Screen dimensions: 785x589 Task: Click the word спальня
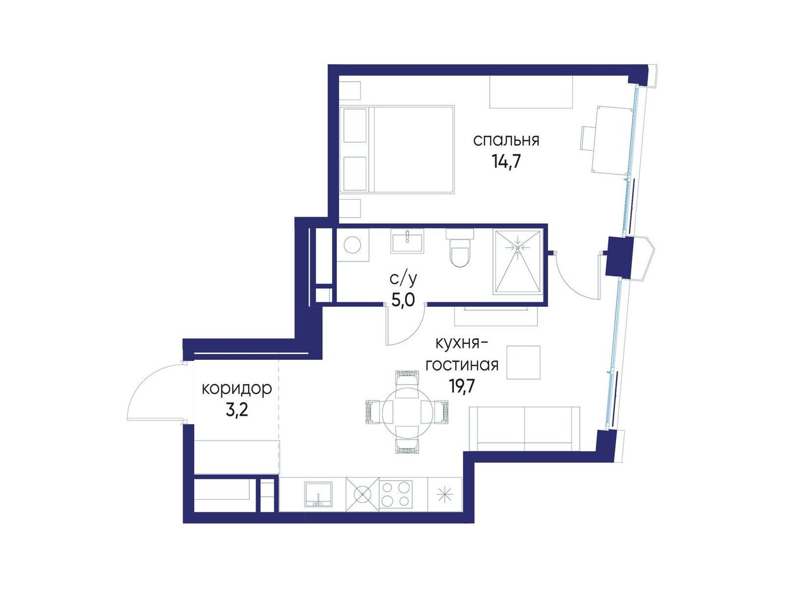click(x=506, y=141)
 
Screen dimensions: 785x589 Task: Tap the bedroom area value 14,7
click(x=506, y=162)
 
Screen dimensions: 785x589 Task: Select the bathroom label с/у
click(x=403, y=280)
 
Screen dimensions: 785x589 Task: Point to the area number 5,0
click(x=403, y=300)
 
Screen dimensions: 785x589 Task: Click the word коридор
click(x=237, y=389)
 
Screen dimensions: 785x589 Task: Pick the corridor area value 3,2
click(x=237, y=411)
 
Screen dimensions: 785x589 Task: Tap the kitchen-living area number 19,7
click(x=461, y=386)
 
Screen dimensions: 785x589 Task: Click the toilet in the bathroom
click(x=459, y=249)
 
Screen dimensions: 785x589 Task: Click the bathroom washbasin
click(x=408, y=241)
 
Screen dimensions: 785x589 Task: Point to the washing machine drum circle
click(x=352, y=244)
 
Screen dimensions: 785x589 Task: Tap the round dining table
click(x=407, y=411)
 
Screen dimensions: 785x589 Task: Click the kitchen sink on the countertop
click(x=318, y=494)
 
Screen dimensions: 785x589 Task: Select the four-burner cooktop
click(x=395, y=494)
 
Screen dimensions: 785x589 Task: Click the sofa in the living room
click(x=524, y=429)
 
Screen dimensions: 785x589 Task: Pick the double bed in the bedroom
click(x=396, y=149)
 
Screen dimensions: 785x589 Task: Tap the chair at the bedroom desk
click(x=588, y=138)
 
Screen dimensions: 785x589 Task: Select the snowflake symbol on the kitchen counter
click(x=445, y=495)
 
